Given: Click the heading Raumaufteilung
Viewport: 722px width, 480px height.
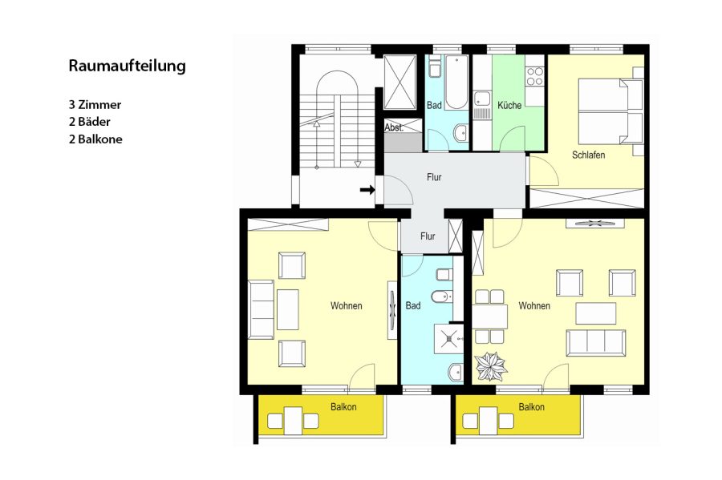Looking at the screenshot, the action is (x=127, y=66).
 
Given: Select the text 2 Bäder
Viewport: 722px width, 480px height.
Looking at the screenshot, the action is (x=89, y=122).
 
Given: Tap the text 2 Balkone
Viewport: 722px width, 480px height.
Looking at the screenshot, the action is (x=95, y=139).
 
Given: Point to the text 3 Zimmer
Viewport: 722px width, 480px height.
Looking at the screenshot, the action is (x=95, y=104).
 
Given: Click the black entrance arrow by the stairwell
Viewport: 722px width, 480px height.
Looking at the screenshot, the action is (x=367, y=189).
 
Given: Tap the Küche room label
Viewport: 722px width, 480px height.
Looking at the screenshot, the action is (x=509, y=105).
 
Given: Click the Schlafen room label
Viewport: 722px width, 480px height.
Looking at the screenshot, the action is (x=589, y=155).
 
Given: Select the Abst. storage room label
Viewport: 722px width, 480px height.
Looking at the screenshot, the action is (x=394, y=128).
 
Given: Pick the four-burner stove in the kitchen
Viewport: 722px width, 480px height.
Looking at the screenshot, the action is (x=534, y=76).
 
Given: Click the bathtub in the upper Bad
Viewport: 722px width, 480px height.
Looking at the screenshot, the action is (x=456, y=83).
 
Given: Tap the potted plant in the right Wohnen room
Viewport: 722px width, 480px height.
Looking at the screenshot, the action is (x=491, y=366).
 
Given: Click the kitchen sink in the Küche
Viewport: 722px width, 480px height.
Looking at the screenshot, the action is (x=482, y=99).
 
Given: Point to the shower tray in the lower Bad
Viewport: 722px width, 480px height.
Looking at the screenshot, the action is (x=449, y=339).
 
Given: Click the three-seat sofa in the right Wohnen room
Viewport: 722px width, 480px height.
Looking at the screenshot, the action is (x=596, y=342).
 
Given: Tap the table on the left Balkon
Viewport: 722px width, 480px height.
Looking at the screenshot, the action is (x=293, y=421).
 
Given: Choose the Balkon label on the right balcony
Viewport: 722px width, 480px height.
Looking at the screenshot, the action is (x=531, y=407).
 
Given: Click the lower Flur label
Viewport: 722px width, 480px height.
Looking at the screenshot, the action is (x=428, y=236).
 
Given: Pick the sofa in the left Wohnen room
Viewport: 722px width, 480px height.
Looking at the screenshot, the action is (x=261, y=309).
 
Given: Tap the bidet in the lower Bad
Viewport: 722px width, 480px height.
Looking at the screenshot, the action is (x=441, y=297).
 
